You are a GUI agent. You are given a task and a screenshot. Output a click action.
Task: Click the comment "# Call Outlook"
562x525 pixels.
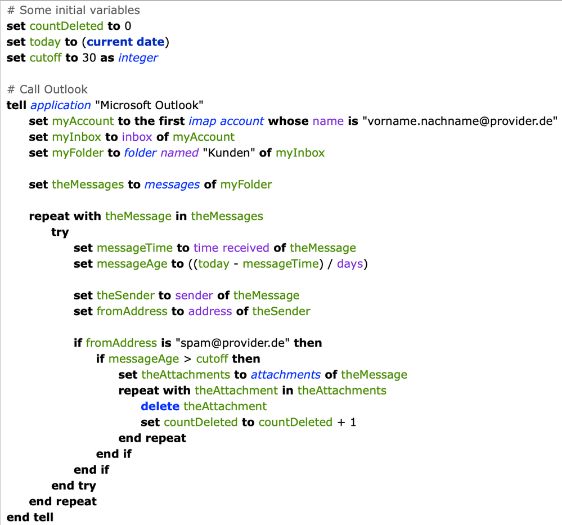point(47,89)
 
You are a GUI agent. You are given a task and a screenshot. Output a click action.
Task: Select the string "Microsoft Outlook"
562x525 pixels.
point(149,105)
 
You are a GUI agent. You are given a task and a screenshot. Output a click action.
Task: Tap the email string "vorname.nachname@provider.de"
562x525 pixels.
point(460,121)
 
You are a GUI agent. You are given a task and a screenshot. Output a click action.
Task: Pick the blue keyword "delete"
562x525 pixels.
point(160,406)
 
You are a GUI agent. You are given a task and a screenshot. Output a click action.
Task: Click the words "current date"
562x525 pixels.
point(125,42)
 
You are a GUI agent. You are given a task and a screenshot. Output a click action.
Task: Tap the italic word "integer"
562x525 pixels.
point(138,57)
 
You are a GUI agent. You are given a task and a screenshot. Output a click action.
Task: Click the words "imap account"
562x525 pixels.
point(227,121)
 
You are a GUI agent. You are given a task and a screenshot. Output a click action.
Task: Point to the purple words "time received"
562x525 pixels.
point(232,248)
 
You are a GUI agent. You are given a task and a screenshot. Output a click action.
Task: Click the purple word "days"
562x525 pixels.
point(350,263)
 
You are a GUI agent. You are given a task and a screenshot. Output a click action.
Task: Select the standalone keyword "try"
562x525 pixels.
point(60,232)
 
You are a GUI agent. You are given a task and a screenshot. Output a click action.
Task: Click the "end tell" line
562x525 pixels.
point(30,517)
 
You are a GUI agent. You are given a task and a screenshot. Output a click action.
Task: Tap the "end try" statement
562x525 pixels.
point(73,485)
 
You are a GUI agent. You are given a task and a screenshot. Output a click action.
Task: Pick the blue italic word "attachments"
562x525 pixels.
point(285,375)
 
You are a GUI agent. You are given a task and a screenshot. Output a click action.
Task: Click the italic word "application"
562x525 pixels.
point(60,105)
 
